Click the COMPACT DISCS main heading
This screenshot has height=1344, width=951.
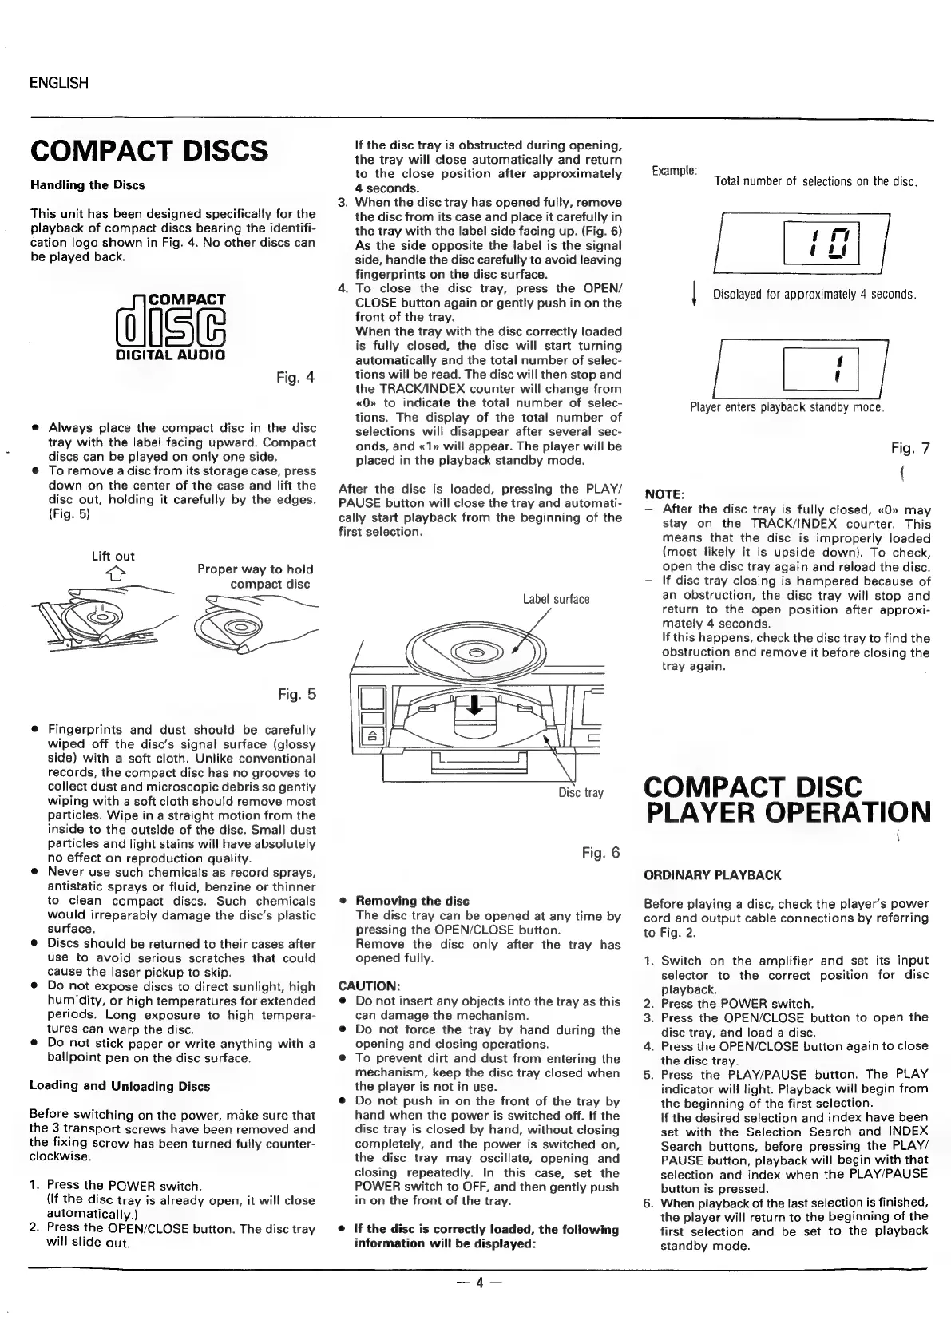149,150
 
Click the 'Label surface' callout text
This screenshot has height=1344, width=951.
556,599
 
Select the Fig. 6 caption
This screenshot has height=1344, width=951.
600,853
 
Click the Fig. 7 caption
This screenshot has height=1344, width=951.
910,448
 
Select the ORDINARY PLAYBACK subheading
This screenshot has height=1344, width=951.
712,875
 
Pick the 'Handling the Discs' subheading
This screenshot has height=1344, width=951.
87,185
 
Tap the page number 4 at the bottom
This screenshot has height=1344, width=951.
476,1283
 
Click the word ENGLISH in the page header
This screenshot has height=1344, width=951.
58,83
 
